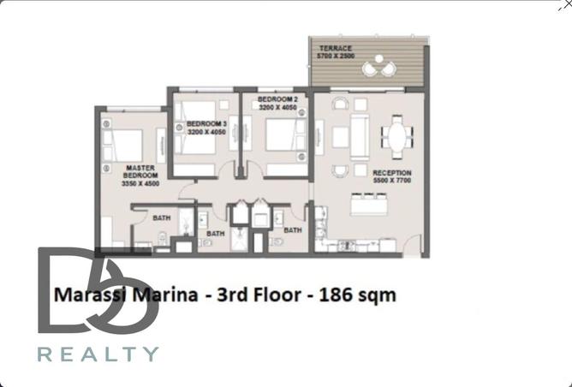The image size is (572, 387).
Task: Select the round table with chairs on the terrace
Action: (x=375, y=68)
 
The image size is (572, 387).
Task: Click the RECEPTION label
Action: (x=392, y=173)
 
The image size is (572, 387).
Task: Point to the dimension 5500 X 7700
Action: (x=392, y=181)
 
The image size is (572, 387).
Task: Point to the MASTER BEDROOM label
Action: (x=140, y=172)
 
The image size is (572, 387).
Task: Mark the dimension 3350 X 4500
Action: (x=140, y=184)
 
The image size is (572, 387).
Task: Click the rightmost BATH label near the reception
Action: (x=293, y=230)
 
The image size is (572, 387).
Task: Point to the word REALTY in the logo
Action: (x=98, y=354)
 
